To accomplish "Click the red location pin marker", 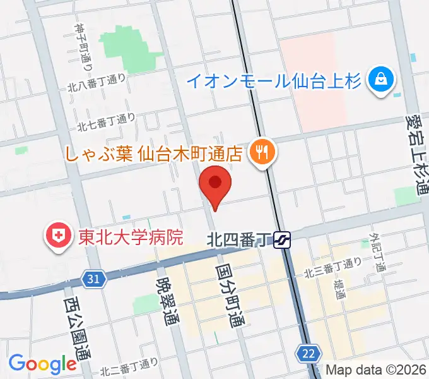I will [x=215, y=184].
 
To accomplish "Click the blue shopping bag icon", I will [x=382, y=80].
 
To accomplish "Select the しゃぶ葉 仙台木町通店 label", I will [x=154, y=153].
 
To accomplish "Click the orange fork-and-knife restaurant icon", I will [x=260, y=152].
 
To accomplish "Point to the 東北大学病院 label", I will [x=130, y=237].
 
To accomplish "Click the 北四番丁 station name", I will [x=239, y=239].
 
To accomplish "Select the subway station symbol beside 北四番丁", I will [x=282, y=239].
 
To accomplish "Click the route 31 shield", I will [x=93, y=278].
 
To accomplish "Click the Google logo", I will [x=42, y=364].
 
